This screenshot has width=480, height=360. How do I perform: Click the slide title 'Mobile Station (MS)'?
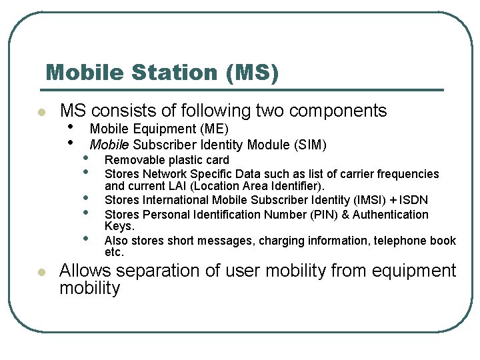[162, 72]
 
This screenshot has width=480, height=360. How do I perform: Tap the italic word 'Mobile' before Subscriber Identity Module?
[110, 145]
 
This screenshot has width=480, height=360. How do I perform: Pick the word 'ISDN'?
[414, 200]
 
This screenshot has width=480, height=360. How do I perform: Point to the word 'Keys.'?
[119, 227]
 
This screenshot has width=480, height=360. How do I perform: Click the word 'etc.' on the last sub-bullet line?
[115, 253]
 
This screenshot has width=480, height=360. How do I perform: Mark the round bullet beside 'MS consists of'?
[41, 111]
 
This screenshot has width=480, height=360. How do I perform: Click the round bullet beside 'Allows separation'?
[41, 272]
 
